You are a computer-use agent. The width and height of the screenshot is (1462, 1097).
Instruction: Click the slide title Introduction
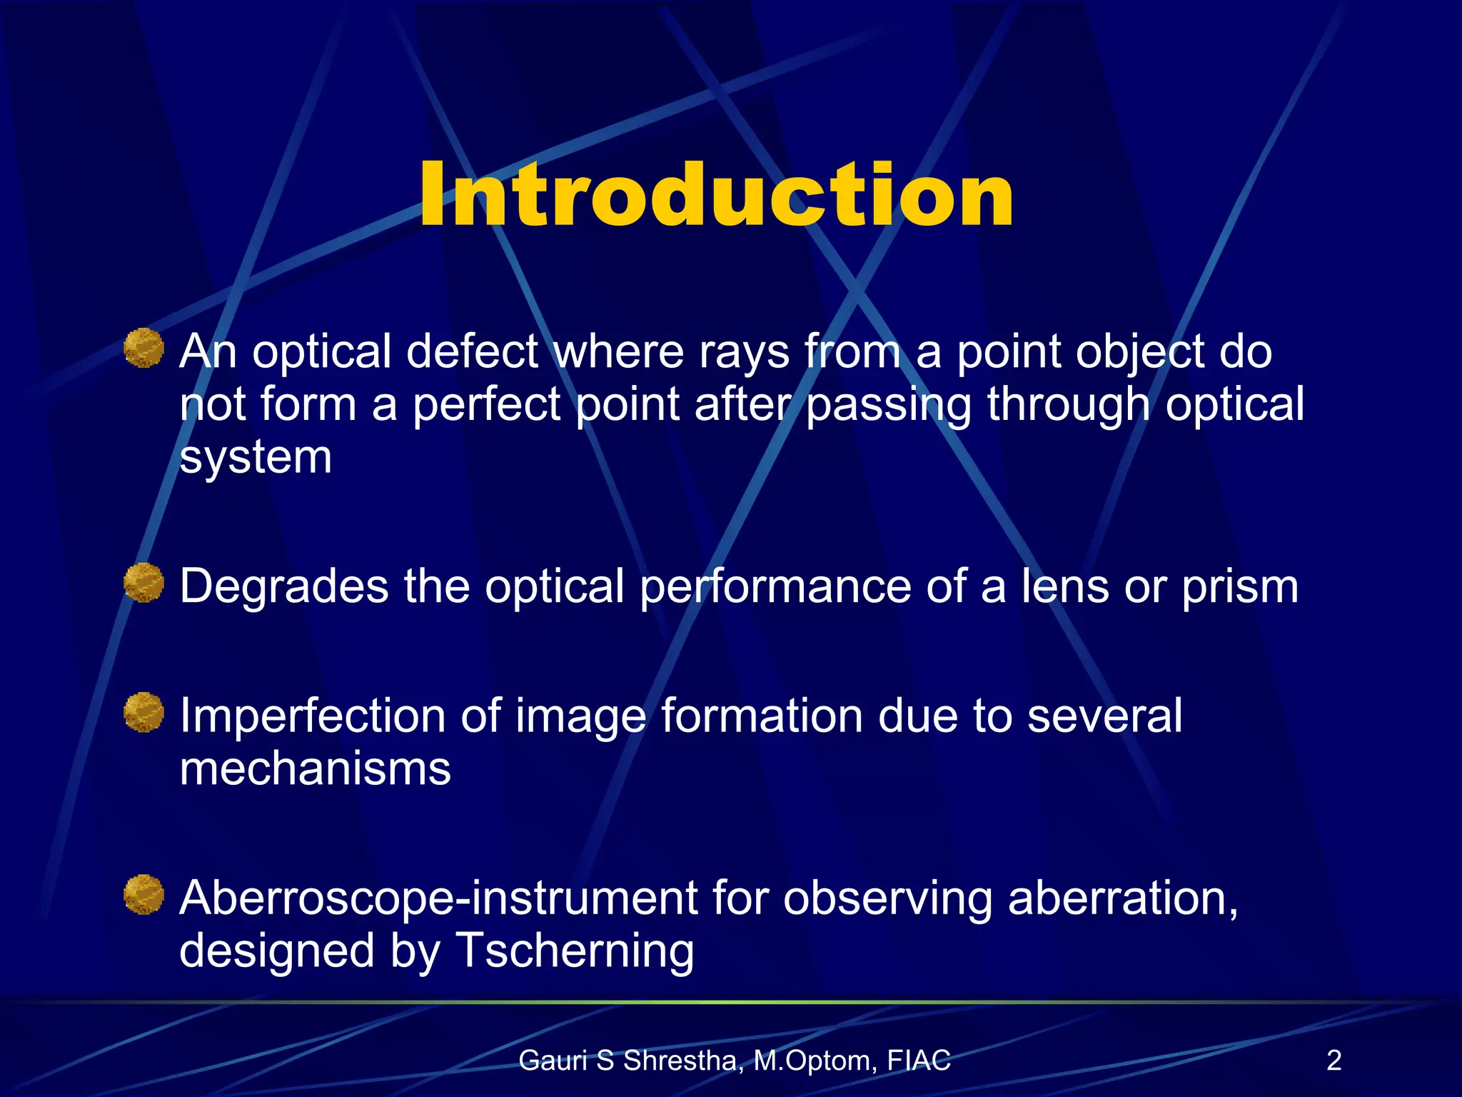point(716,194)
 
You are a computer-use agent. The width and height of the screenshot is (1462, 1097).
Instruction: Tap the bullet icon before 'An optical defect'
point(144,349)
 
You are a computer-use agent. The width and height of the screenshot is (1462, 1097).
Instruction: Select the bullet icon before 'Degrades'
point(144,583)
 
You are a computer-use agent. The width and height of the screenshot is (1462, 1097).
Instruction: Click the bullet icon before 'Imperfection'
point(144,712)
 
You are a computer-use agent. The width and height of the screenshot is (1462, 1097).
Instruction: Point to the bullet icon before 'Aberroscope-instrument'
point(144,894)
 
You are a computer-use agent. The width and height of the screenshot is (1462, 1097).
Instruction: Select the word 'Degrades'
point(284,587)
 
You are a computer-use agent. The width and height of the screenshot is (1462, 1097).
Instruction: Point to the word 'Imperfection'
point(313,716)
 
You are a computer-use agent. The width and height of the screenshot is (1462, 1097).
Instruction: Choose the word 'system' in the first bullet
point(256,457)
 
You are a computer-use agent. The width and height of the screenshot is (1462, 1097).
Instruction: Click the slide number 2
point(1334,1060)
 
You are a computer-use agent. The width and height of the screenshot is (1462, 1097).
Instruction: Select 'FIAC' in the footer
point(919,1061)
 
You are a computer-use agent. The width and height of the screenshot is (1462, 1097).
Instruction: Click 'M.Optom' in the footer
point(814,1061)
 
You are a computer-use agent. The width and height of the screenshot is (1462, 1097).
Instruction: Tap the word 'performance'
point(775,587)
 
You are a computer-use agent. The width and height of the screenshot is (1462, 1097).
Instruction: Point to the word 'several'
point(1104,716)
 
